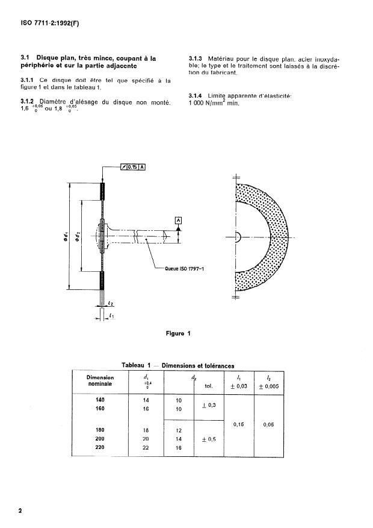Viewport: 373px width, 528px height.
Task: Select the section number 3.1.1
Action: coord(29,80)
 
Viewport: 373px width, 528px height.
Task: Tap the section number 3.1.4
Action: coord(197,96)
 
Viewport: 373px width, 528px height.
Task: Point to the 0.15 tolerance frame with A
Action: coord(133,168)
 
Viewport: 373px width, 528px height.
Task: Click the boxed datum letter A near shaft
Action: coord(178,221)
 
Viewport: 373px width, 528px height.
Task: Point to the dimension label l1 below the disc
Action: coord(113,316)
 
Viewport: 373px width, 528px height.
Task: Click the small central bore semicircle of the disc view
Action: coord(237,237)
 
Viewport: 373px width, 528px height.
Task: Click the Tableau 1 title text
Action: coord(177,365)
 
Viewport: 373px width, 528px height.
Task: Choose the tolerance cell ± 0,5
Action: coord(210,439)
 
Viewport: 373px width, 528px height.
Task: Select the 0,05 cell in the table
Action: coord(270,424)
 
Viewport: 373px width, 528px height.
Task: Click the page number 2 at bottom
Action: coord(20,511)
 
